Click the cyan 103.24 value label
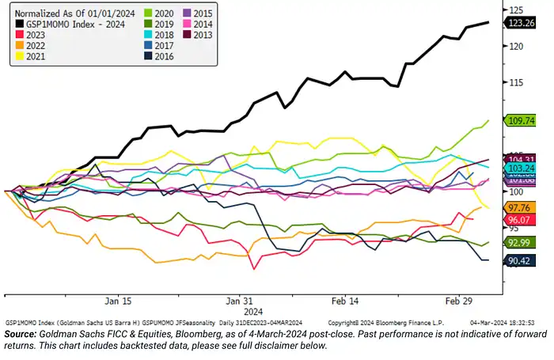click(522, 169)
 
